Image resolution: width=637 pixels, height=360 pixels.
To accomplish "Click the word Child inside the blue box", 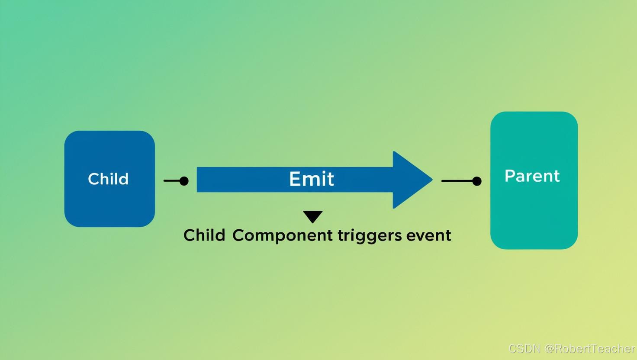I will point(108,179).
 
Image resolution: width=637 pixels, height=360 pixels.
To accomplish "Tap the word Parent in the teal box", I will point(532,176).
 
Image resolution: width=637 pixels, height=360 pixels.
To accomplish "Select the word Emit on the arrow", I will point(312,179).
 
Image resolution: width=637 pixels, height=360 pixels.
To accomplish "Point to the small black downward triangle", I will point(312,216).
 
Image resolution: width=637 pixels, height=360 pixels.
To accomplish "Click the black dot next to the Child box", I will point(184,181).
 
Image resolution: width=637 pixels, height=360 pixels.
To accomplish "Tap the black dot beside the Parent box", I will point(476,181).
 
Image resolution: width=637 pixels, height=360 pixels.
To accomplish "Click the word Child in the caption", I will point(204,235).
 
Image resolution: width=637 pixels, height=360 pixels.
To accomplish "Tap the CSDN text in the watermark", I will point(524,348).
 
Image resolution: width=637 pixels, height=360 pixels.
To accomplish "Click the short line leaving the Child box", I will point(171,181).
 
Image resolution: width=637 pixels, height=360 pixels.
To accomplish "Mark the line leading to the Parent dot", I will point(457,181).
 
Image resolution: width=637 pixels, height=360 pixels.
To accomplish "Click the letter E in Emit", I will point(294,179).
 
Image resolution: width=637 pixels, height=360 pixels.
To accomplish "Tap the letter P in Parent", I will point(509,176).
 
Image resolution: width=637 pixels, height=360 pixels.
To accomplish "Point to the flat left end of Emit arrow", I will point(199,180).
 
